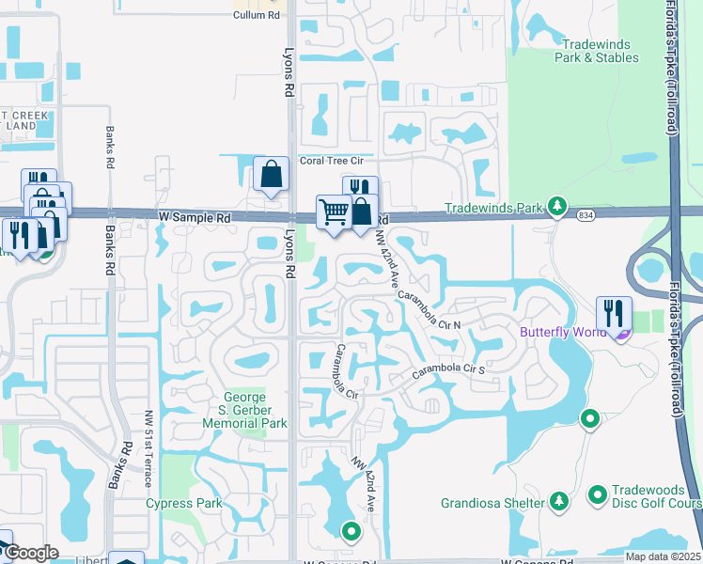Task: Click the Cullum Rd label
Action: click(257, 16)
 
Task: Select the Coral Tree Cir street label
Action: click(336, 161)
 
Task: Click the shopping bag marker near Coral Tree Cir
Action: click(271, 174)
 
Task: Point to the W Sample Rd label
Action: click(195, 217)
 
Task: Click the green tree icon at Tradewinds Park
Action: click(557, 206)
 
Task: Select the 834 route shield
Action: click(586, 215)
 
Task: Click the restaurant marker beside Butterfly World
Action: click(614, 314)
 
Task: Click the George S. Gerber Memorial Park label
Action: click(245, 410)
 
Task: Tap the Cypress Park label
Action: click(183, 503)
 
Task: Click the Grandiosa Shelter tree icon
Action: click(559, 500)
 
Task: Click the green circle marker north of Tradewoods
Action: click(590, 418)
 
